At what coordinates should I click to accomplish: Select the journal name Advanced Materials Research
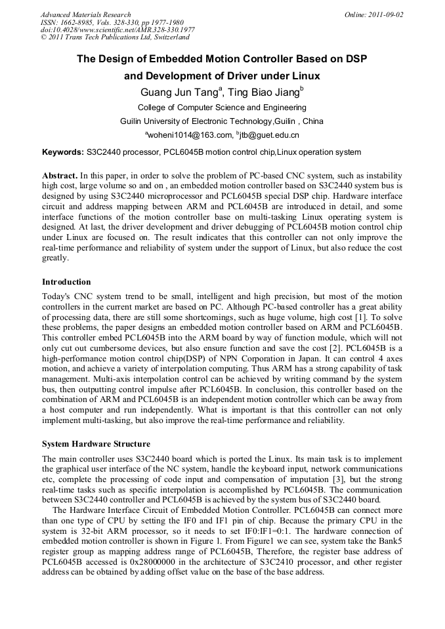click(86, 14)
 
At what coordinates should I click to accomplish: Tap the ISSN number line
click(112, 22)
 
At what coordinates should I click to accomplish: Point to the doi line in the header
click(117, 30)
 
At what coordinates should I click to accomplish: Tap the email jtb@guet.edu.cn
click(269, 135)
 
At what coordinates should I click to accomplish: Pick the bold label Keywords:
click(62, 153)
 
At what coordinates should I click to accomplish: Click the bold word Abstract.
click(60, 176)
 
